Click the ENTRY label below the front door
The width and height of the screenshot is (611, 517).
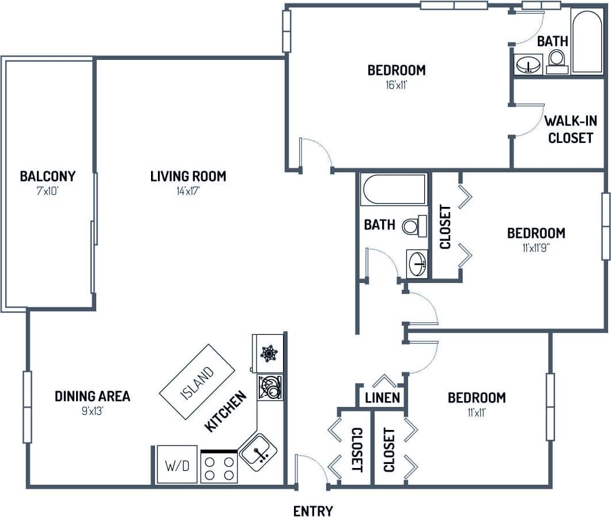(x=313, y=511)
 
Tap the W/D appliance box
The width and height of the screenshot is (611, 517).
(x=176, y=465)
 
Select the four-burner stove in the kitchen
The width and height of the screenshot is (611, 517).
(x=220, y=467)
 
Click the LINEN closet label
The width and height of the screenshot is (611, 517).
(x=382, y=398)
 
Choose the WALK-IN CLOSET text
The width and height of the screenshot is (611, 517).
(x=570, y=130)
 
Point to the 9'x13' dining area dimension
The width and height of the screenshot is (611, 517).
(x=92, y=411)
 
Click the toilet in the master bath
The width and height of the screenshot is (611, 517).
(x=556, y=60)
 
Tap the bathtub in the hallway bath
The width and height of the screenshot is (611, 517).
(x=393, y=189)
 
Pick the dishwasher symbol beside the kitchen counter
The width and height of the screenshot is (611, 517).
(x=269, y=387)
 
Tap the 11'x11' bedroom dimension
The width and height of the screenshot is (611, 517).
(x=476, y=412)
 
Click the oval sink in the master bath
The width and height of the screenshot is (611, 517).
(x=527, y=64)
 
